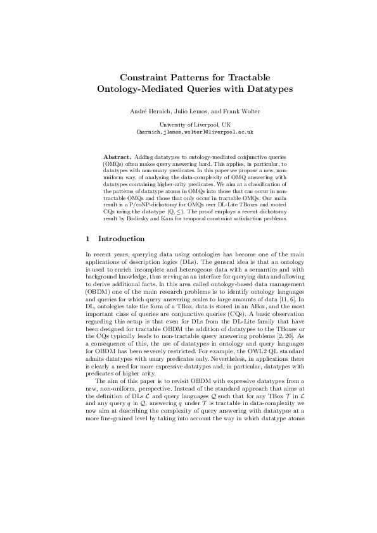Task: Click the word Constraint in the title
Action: click(x=145, y=77)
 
